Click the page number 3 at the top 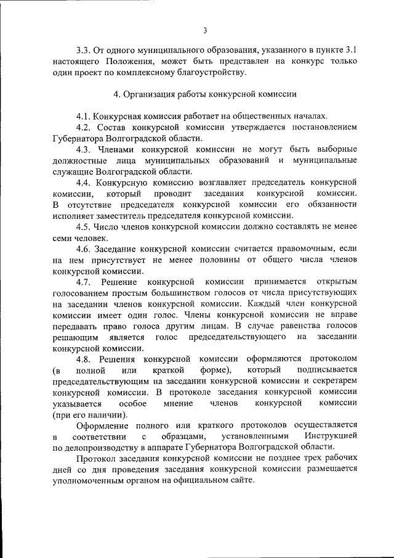[x=205, y=31]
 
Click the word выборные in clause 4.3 [x=336, y=149]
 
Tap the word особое [x=132, y=403]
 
